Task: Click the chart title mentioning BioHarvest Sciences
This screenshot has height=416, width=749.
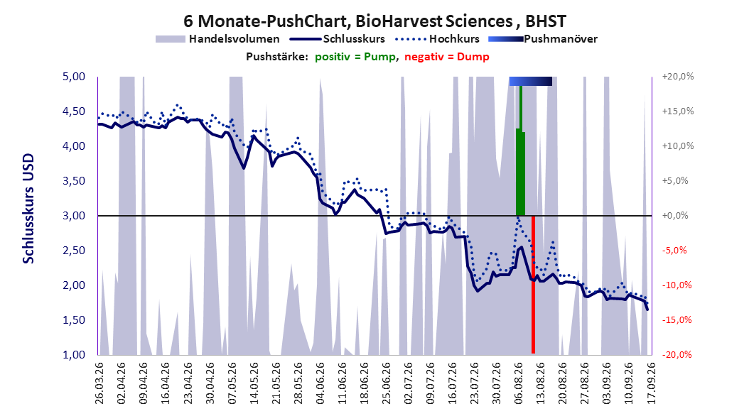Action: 374,21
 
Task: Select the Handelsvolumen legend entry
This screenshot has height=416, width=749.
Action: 218,39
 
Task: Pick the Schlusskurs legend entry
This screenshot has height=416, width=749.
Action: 338,39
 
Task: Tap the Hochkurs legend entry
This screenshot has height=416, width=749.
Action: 438,39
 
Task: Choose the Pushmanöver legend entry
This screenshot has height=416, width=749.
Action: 543,39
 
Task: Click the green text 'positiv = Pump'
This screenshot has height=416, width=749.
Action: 355,57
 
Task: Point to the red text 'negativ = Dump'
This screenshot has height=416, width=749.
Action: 447,57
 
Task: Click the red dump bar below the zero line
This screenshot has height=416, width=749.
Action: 533,285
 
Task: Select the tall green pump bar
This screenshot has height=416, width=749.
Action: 521,150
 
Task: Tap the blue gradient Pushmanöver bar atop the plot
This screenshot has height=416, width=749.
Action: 531,81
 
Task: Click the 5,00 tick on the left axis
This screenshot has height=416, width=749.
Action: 74,77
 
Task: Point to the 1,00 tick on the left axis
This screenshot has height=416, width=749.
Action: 74,354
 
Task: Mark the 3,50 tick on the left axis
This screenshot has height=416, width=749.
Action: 74,181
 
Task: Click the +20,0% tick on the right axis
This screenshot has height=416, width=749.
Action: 678,77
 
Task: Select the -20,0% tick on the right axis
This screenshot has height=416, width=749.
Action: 677,354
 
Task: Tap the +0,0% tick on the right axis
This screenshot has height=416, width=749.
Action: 675,216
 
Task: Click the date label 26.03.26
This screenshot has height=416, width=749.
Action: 99,383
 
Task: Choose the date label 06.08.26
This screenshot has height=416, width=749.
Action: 519,383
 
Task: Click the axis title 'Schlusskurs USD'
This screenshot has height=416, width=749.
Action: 28,209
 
